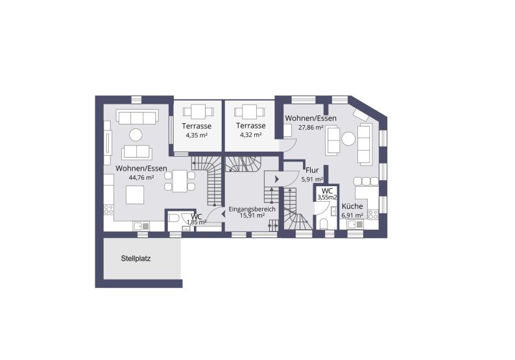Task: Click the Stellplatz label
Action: tap(136, 258)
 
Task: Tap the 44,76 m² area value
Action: tap(141, 177)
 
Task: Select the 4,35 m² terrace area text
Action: tap(196, 136)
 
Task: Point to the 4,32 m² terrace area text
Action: tap(250, 135)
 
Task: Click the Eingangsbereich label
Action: tap(252, 210)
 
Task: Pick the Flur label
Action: tap(312, 171)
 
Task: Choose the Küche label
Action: tap(353, 206)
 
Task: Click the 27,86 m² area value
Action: tap(311, 128)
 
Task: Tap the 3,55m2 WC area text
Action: tap(327, 197)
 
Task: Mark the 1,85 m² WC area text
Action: tap(197, 222)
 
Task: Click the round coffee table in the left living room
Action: tap(136, 135)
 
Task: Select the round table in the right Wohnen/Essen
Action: tap(348, 138)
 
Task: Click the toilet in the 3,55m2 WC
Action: tap(324, 222)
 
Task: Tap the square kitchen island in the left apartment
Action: tap(135, 194)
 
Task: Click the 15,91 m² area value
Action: tap(252, 216)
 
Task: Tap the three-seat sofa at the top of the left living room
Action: tap(136, 117)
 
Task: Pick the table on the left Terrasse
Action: tap(197, 111)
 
